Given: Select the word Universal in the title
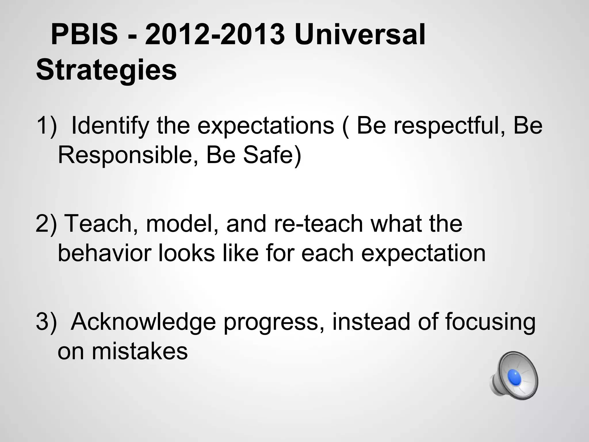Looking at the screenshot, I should click(x=359, y=35).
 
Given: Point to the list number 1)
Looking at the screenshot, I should click(x=46, y=126).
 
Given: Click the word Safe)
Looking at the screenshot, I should click(x=272, y=155).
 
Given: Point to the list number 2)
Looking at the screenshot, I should click(x=46, y=224).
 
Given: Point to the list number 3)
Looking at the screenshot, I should click(x=46, y=322).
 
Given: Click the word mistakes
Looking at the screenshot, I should click(x=139, y=352).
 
